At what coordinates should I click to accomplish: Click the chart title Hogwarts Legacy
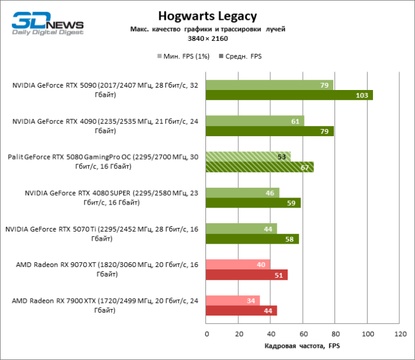(207, 16)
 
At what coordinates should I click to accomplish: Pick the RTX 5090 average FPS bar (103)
(289, 95)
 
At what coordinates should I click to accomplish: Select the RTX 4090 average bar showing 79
(270, 131)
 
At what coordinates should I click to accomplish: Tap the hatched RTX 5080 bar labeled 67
(260, 167)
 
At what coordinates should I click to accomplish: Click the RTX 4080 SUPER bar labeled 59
(253, 203)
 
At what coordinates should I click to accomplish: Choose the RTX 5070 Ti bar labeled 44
(241, 229)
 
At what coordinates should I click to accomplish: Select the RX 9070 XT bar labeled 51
(247, 275)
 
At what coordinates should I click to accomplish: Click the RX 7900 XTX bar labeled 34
(233, 301)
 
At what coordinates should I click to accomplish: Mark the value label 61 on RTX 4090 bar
(295, 121)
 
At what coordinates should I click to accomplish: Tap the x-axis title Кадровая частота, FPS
(303, 347)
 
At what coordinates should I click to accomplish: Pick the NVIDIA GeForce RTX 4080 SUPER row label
(112, 198)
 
